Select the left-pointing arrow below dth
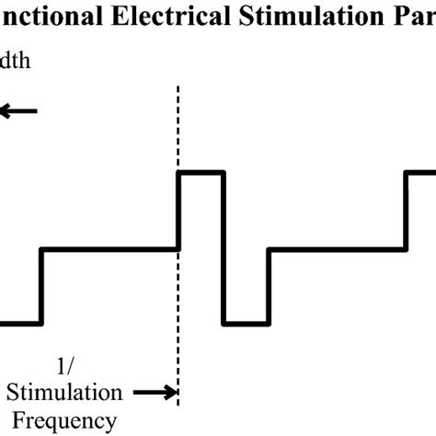point(18,111)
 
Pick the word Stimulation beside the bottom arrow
point(64,393)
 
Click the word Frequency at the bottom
point(64,421)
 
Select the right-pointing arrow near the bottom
point(155,394)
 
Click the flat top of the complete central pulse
point(201,172)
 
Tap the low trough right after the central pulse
point(246,323)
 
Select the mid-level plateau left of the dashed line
point(109,248)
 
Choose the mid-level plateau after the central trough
point(336,248)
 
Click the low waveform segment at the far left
point(19,323)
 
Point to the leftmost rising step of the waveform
point(40,285)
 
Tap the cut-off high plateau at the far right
point(420,172)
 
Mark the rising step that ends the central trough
point(268,285)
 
